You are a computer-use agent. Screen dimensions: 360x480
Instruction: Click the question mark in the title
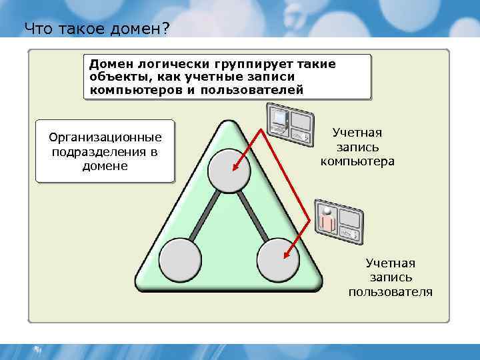click(165, 28)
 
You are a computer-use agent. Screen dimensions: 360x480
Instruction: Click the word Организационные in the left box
click(105, 137)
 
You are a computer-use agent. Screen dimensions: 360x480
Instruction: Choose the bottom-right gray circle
click(277, 261)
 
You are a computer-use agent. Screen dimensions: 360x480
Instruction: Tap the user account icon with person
click(341, 220)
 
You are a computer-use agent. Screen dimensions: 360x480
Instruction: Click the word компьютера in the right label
click(357, 161)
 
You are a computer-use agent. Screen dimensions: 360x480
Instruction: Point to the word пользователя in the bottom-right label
click(390, 291)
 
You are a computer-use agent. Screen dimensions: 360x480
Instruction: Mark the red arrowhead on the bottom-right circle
click(287, 254)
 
